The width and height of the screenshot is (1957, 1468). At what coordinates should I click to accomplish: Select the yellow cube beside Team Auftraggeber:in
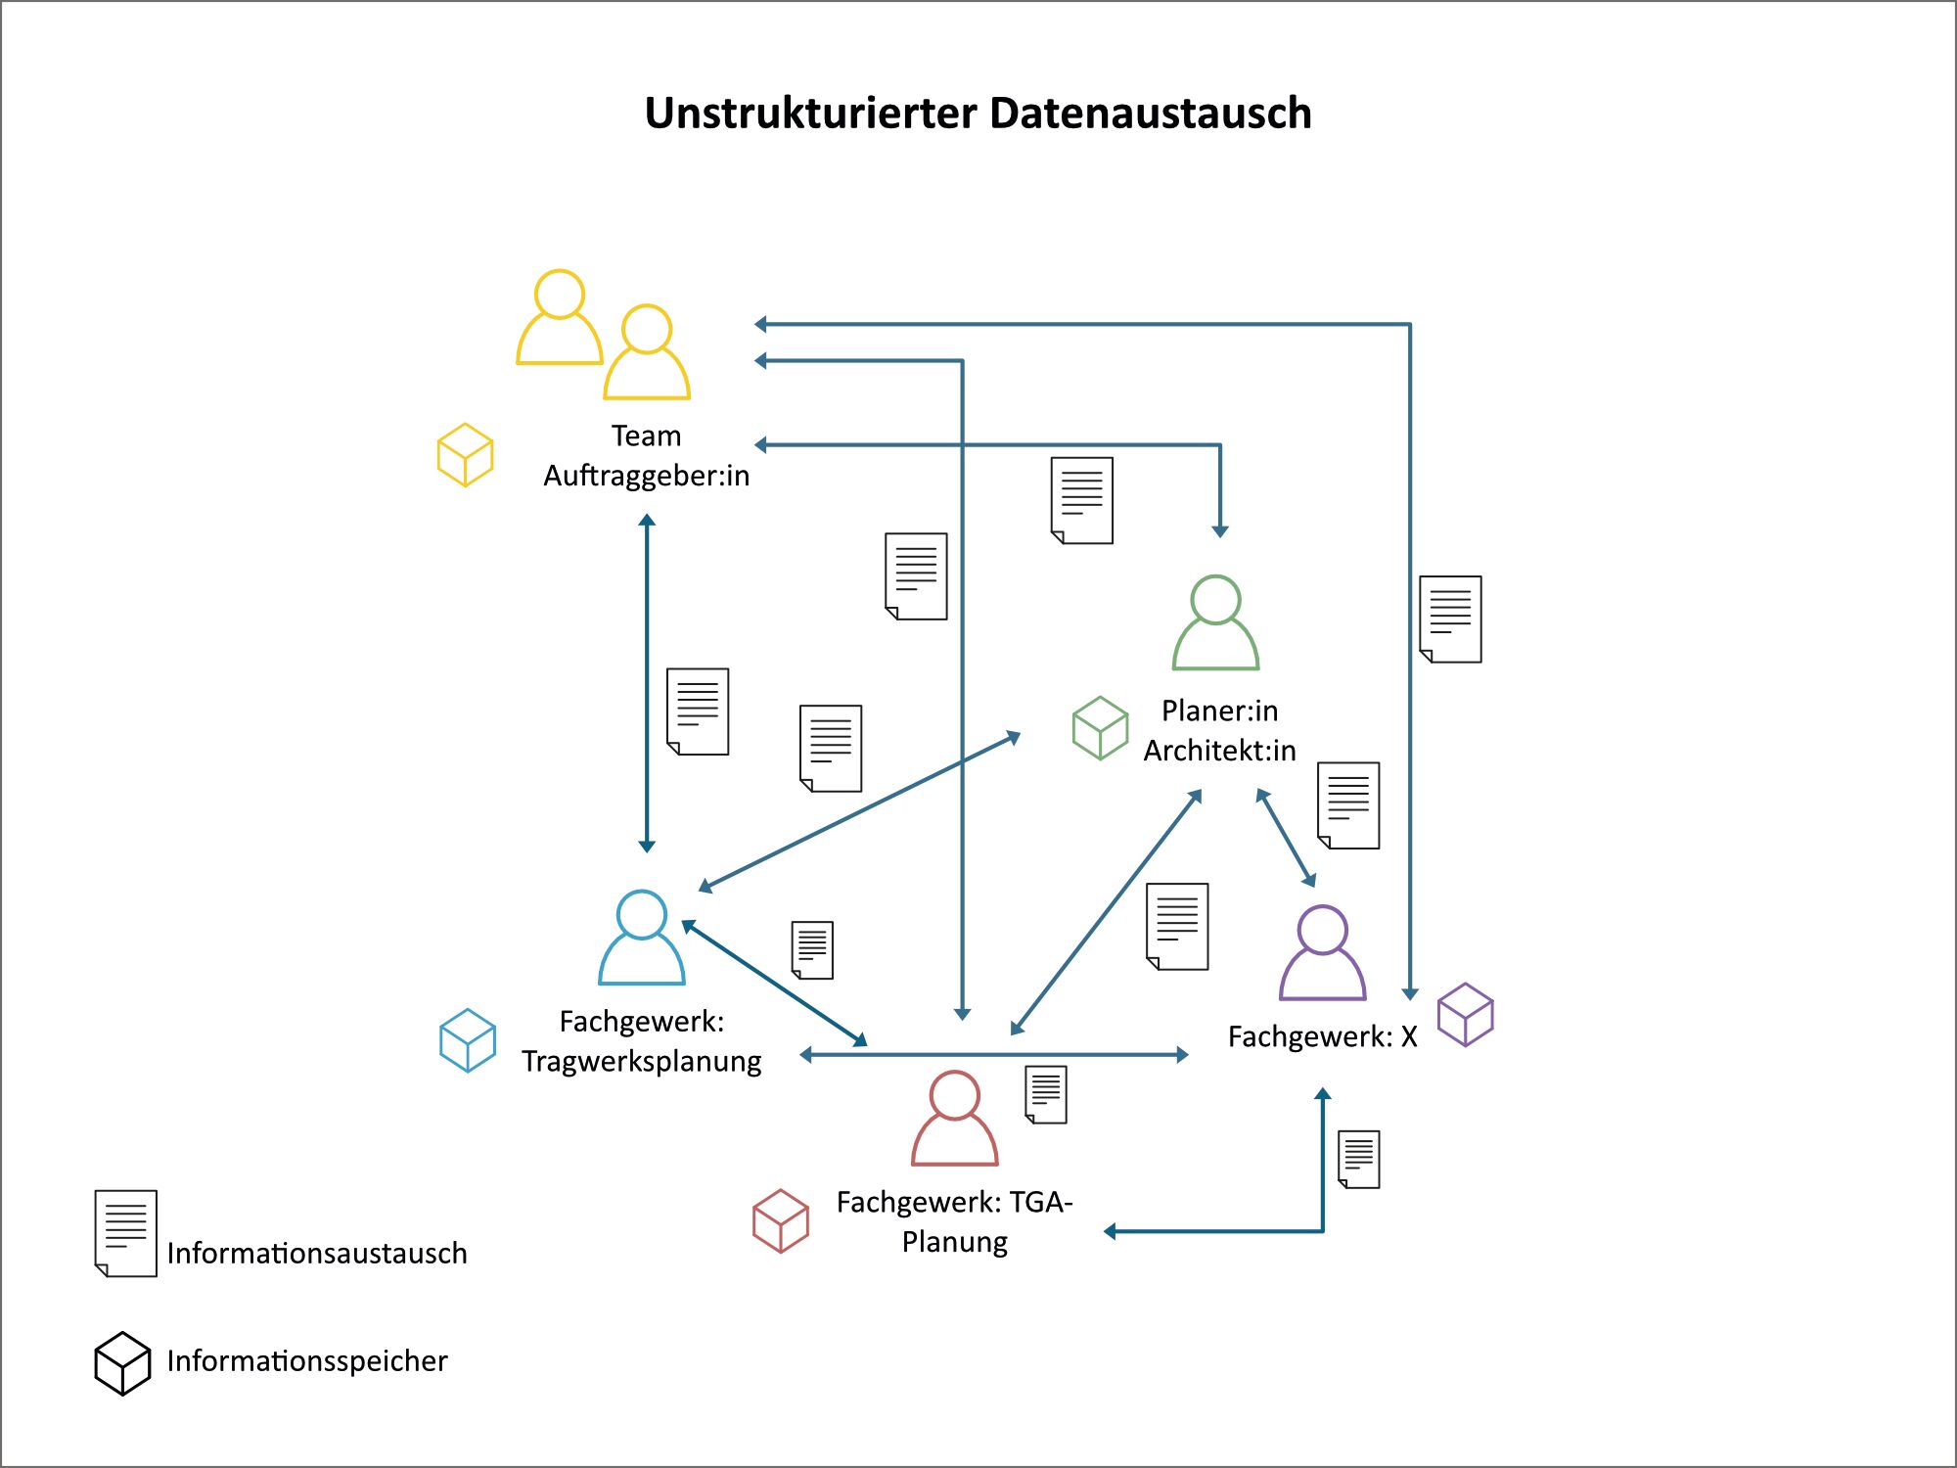pos(465,455)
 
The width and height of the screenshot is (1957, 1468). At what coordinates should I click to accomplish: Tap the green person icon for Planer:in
pos(1216,623)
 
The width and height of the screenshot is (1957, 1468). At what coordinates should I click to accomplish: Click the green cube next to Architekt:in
pos(1100,728)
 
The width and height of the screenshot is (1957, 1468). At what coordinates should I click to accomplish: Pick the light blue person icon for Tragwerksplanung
pos(642,938)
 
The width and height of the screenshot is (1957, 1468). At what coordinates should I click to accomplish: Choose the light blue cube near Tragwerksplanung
pos(468,1040)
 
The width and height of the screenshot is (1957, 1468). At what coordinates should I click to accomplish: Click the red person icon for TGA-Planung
pos(954,1119)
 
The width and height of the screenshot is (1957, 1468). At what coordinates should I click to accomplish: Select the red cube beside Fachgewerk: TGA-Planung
pos(781,1220)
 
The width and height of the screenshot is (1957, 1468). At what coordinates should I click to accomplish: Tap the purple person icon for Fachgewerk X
pos(1322,953)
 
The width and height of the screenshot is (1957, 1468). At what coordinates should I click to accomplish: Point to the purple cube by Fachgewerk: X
pos(1465,1015)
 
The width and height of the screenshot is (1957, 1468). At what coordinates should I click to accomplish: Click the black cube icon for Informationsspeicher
pos(122,1362)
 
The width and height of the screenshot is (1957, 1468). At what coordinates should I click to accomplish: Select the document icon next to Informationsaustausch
pos(126,1233)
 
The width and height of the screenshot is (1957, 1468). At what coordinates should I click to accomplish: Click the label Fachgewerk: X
pos(1322,1036)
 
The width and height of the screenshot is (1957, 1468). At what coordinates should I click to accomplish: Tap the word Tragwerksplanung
pos(641,1062)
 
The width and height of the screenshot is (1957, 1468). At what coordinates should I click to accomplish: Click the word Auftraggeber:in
pos(646,476)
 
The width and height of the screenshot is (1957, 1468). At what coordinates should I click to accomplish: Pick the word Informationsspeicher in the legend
pos(306,1361)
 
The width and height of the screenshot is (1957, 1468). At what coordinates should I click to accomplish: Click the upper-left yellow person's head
pos(560,294)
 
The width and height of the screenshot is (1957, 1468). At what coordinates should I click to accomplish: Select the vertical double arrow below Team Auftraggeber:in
pos(647,682)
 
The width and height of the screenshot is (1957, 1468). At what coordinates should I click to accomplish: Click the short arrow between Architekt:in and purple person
pos(1286,838)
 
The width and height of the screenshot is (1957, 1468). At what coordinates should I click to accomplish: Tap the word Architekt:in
pos(1219,751)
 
